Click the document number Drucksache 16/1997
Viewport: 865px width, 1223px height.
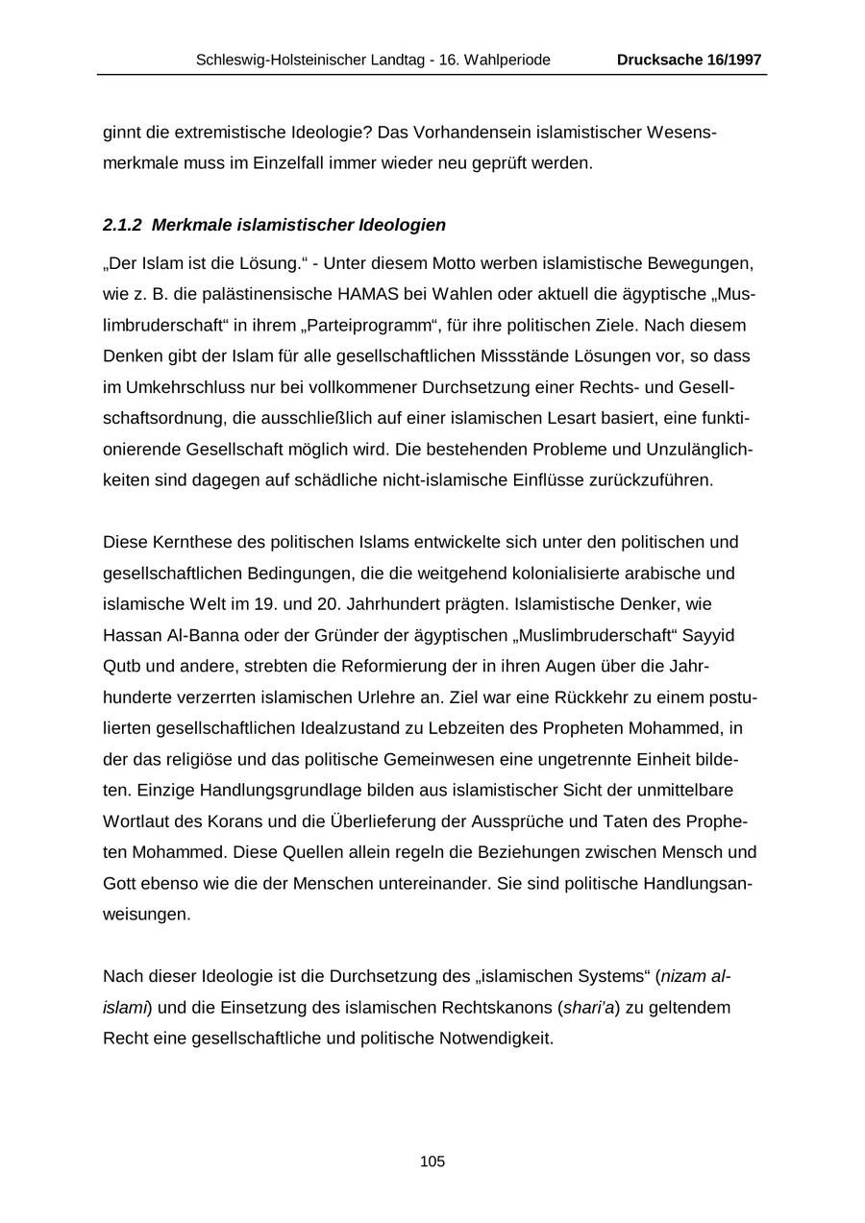click(x=689, y=60)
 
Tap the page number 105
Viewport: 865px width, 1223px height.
click(x=432, y=1162)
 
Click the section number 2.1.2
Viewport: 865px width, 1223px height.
click(x=123, y=225)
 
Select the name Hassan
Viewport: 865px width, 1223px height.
click(x=132, y=636)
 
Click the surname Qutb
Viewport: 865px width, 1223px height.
click(x=120, y=667)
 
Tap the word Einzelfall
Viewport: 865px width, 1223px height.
click(x=277, y=162)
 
